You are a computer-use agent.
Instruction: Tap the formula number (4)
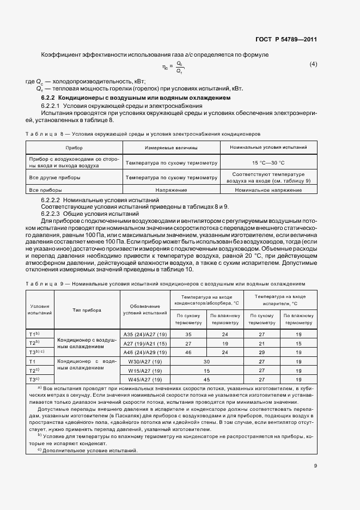[313, 65]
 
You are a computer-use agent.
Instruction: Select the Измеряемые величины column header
[171, 148]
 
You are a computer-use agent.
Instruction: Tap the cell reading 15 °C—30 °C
[268, 162]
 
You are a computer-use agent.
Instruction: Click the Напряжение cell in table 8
[171, 190]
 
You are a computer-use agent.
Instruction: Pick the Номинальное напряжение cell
[268, 190]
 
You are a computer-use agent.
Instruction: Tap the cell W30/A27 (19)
[144, 361]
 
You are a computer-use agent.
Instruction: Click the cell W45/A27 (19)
[144, 379]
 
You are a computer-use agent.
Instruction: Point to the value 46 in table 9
[188, 352]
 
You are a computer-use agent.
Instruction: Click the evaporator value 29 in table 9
[261, 352]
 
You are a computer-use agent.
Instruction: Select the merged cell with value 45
[206, 379]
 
